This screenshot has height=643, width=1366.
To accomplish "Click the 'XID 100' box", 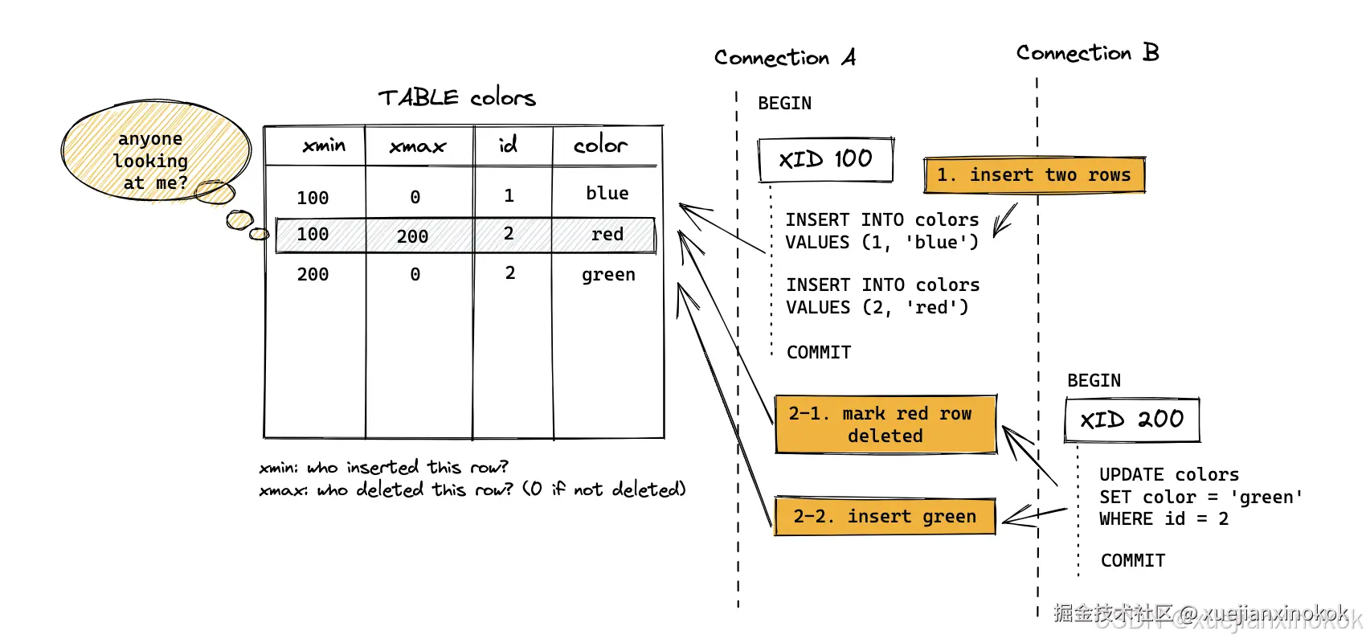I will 825,159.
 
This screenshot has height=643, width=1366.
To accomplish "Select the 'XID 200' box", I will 1131,420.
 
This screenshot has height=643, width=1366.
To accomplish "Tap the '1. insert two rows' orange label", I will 1033,175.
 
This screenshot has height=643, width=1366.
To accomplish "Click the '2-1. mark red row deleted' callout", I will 885,424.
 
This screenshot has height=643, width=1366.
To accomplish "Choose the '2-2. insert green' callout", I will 885,516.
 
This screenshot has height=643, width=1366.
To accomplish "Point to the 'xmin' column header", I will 324,145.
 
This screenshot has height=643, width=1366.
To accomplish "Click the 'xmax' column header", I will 417,146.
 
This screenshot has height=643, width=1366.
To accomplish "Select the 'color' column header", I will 600,145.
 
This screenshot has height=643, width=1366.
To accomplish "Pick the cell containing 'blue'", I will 607,194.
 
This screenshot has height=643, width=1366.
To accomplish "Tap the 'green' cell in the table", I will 608,275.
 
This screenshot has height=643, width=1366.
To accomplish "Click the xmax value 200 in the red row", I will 412,236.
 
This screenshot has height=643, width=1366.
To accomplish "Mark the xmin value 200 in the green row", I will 313,275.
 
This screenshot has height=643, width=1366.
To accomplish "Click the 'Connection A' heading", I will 784,58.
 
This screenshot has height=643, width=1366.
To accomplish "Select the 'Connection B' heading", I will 1087,53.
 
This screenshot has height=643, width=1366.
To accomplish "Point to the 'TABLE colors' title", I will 456,98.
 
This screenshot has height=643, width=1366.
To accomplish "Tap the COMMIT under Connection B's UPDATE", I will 1133,560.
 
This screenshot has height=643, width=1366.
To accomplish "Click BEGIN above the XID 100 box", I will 784,104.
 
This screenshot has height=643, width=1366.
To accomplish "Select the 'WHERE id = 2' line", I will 1164,519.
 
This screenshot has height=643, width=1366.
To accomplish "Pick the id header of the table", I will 509,145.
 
